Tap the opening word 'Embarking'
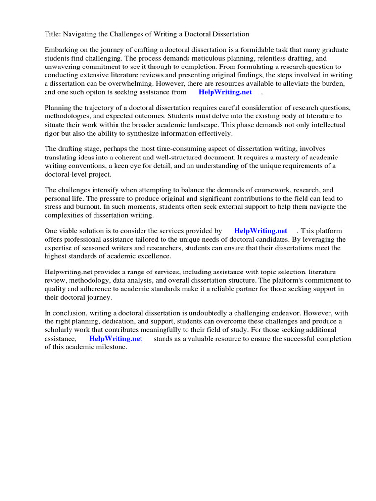click(61, 50)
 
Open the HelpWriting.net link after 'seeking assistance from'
click(225, 92)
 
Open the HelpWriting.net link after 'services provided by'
click(260, 231)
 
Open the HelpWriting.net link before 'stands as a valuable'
click(116, 338)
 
